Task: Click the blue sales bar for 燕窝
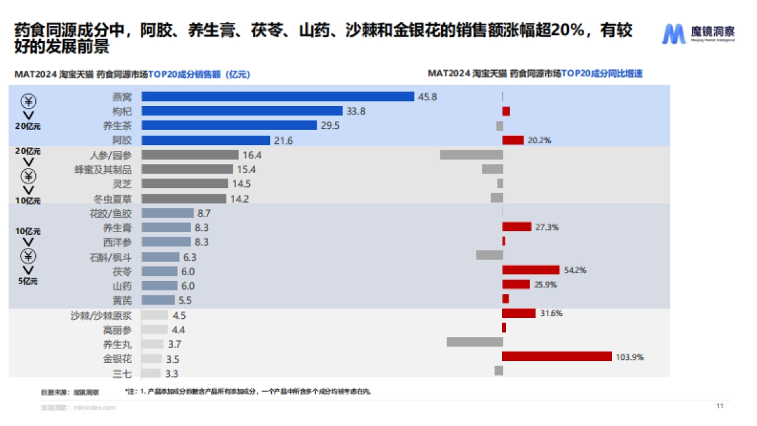point(278,97)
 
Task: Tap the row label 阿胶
point(122,140)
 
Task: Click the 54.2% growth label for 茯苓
point(575,270)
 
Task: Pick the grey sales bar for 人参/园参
point(190,155)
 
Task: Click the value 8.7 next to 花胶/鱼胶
point(204,214)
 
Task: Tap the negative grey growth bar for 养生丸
point(474,342)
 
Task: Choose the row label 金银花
point(117,358)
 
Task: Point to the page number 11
point(719,406)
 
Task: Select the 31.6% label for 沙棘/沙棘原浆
point(550,313)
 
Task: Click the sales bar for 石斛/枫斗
point(160,257)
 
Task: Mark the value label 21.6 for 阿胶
point(283,140)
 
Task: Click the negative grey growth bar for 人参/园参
point(471,155)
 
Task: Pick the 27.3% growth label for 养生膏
point(547,227)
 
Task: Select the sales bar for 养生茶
point(229,126)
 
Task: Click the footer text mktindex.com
point(95,408)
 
